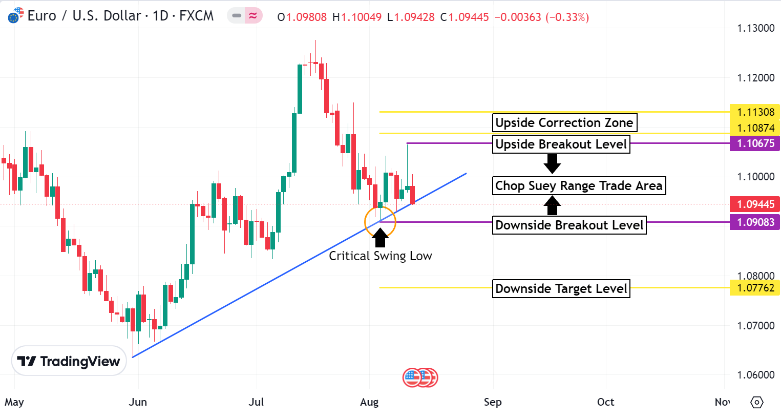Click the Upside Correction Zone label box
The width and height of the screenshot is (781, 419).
(x=564, y=123)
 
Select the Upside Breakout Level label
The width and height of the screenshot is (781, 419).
(x=561, y=144)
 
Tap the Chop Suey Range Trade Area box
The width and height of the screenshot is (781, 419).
(x=579, y=185)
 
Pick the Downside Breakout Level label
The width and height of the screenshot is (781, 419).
(x=569, y=225)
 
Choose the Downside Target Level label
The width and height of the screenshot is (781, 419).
(x=561, y=289)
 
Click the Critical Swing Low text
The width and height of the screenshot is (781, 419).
(x=380, y=256)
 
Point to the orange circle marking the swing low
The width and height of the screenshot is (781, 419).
(x=380, y=222)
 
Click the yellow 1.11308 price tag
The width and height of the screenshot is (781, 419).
(x=755, y=112)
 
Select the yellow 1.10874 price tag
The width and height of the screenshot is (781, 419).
(x=755, y=128)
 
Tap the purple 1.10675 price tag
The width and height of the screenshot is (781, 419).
(x=755, y=143)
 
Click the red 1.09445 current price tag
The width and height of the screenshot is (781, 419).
(x=755, y=204)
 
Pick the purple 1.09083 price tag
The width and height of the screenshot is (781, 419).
(x=755, y=222)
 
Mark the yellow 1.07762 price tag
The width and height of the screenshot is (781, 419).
(x=755, y=288)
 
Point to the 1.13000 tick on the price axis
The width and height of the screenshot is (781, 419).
(x=755, y=28)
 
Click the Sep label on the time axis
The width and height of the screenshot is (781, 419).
(x=493, y=402)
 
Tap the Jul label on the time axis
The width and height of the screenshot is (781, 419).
(x=256, y=402)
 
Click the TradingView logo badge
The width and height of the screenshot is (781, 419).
(x=69, y=361)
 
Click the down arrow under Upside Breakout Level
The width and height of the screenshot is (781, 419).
(x=552, y=164)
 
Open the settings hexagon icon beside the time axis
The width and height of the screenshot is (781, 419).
(x=756, y=403)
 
